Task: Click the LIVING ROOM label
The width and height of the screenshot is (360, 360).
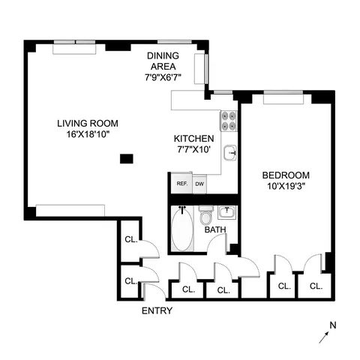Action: click(88, 124)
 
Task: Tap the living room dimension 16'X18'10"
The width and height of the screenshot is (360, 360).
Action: click(88, 136)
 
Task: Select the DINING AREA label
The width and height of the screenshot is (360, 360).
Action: click(163, 54)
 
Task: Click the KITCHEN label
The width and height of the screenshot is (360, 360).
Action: click(193, 139)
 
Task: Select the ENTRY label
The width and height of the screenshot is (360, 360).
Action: click(156, 310)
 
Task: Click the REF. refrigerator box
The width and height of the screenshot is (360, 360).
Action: click(181, 184)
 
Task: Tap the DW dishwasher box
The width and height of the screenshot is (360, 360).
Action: click(199, 184)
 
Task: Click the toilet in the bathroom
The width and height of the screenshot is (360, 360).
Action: click(206, 217)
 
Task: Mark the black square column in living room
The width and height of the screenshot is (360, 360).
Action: click(127, 158)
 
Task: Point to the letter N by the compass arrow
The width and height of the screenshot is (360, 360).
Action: click(333, 324)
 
